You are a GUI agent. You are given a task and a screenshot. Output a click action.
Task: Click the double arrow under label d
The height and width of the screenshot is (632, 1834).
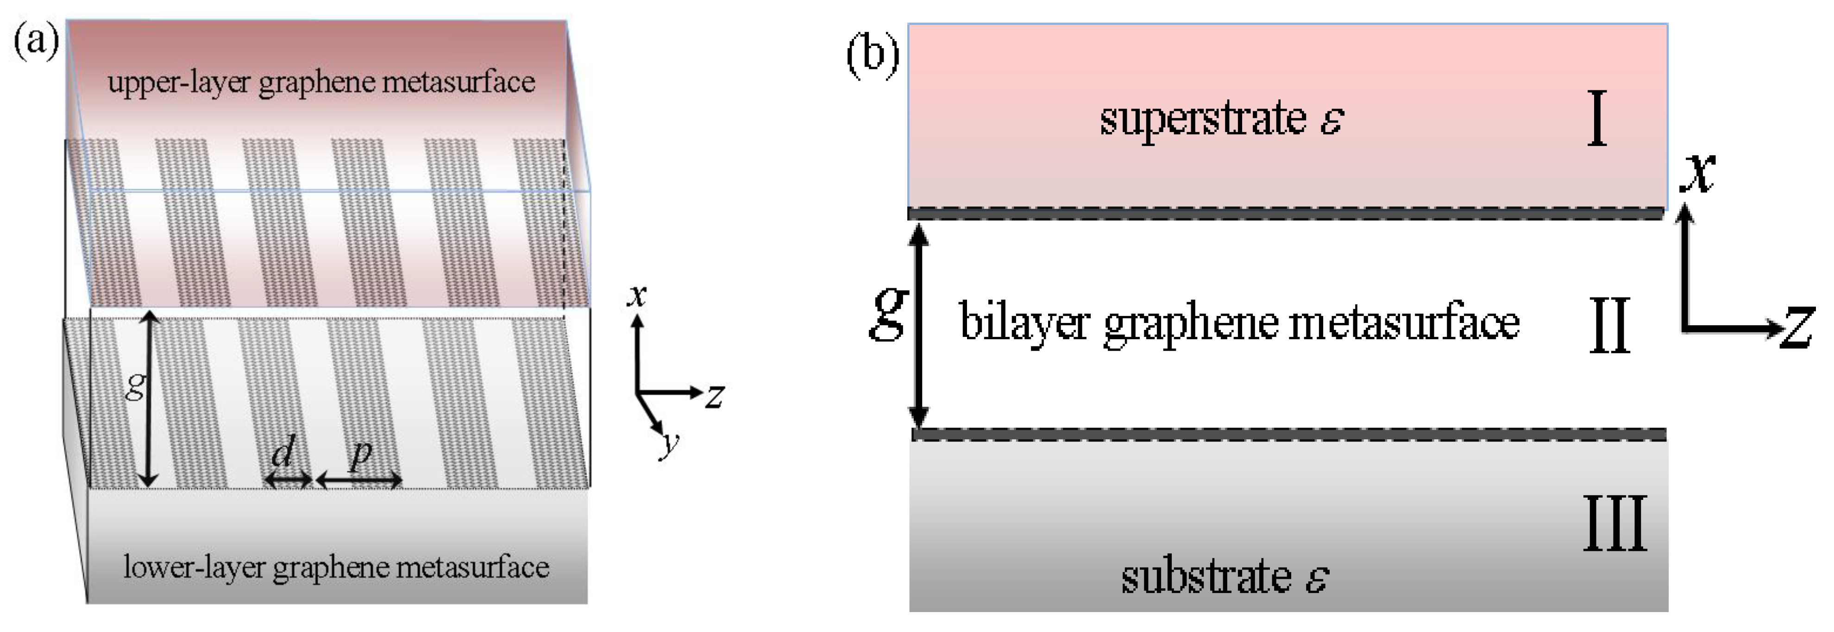pyautogui.click(x=289, y=482)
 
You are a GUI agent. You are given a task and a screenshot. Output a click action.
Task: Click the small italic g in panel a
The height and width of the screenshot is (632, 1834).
pyautogui.click(x=135, y=387)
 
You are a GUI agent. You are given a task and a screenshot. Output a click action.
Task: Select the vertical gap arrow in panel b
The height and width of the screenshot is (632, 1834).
pyautogui.click(x=920, y=324)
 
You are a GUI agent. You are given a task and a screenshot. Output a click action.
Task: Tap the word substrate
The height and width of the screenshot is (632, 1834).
pyautogui.click(x=1206, y=576)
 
